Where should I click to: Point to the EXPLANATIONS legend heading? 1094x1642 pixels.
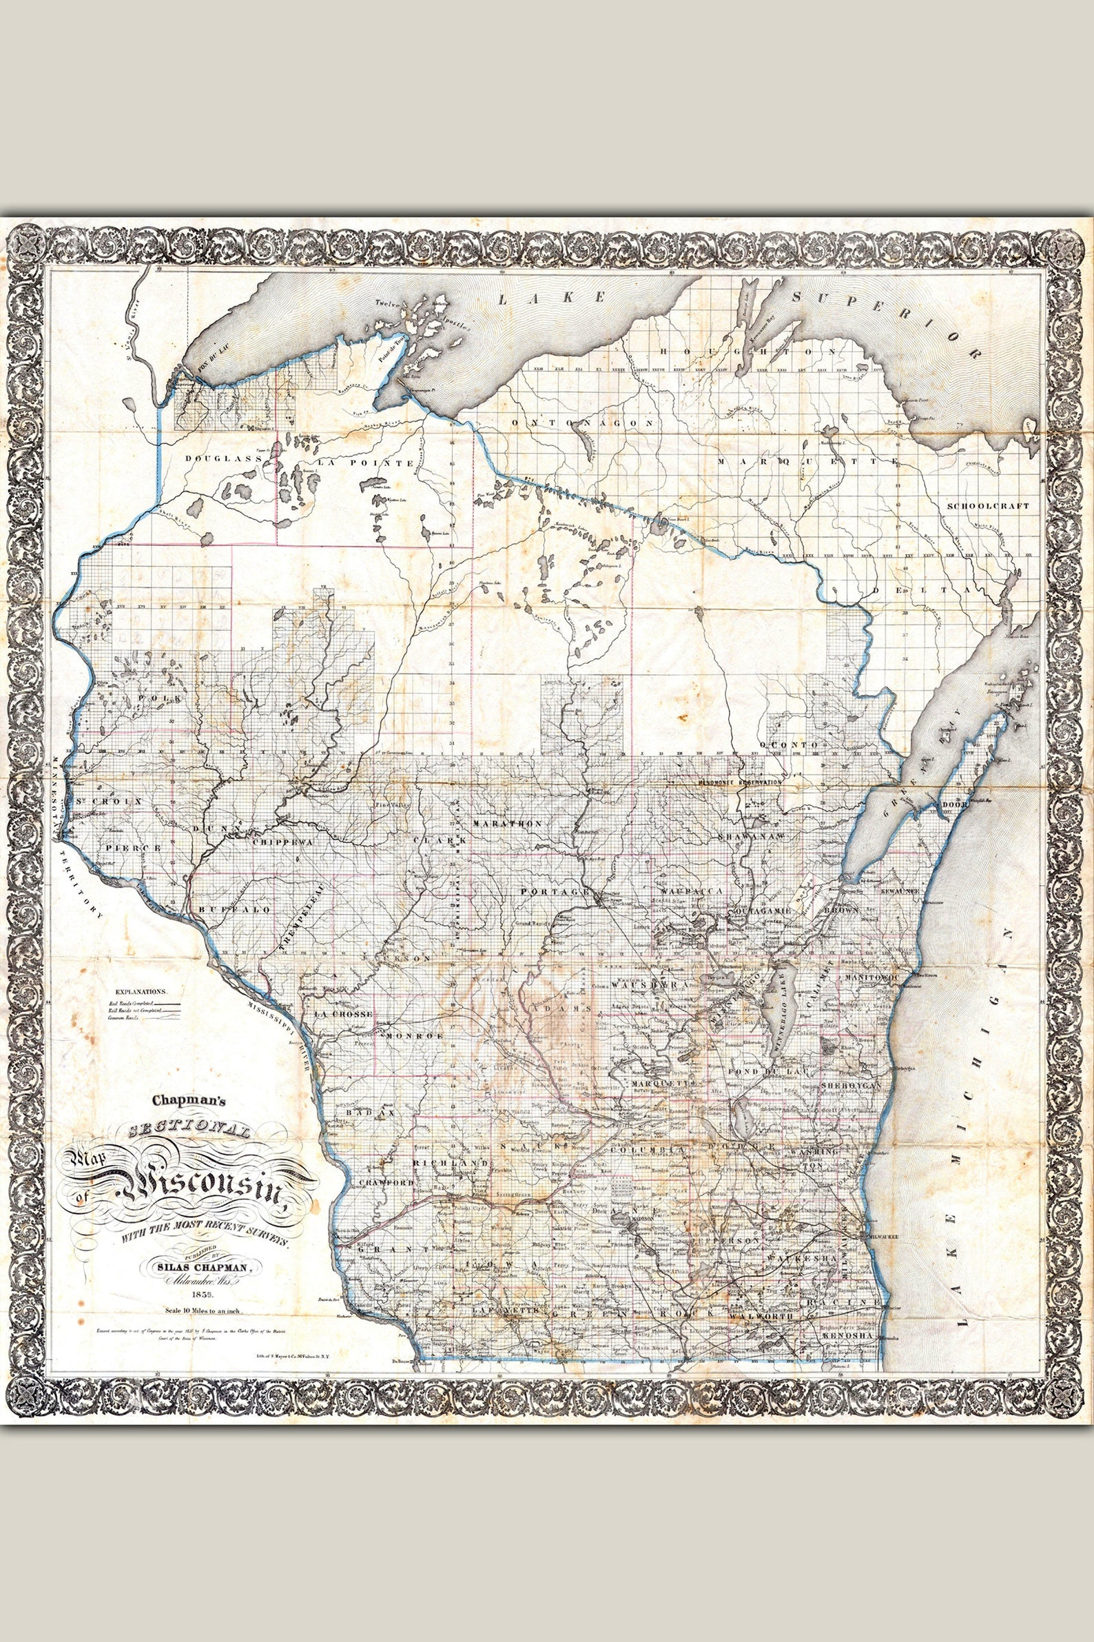[141, 991]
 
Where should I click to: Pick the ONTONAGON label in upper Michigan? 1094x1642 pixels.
[584, 423]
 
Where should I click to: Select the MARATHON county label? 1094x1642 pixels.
[507, 824]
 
